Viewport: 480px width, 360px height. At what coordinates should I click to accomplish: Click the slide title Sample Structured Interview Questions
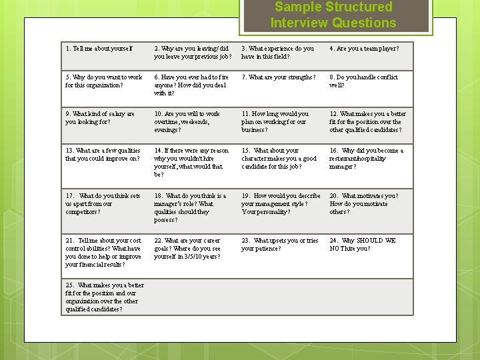click(333, 15)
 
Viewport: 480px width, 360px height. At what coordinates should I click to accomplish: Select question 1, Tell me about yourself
click(99, 49)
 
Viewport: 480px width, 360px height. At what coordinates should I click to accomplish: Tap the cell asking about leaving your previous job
click(193, 53)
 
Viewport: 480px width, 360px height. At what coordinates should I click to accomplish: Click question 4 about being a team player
click(364, 49)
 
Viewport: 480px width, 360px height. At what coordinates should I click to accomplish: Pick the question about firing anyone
click(191, 85)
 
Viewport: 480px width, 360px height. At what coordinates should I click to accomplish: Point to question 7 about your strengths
click(279, 77)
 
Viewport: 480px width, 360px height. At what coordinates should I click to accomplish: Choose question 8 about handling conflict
click(363, 81)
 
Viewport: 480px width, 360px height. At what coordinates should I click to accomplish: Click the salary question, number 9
click(100, 118)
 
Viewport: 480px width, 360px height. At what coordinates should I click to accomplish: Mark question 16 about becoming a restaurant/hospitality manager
click(366, 159)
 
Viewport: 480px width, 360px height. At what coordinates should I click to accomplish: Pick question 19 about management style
click(281, 204)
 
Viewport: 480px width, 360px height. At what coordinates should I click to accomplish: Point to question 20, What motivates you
click(363, 204)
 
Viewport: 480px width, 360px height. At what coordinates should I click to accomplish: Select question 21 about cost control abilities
click(103, 253)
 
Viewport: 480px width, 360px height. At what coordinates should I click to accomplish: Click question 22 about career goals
click(187, 249)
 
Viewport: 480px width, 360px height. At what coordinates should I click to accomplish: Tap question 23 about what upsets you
click(280, 245)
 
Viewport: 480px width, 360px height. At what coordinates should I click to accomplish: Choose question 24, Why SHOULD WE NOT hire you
click(362, 245)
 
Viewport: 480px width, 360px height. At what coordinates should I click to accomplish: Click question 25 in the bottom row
click(105, 297)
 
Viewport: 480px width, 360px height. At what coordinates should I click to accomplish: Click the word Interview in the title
click(295, 23)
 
